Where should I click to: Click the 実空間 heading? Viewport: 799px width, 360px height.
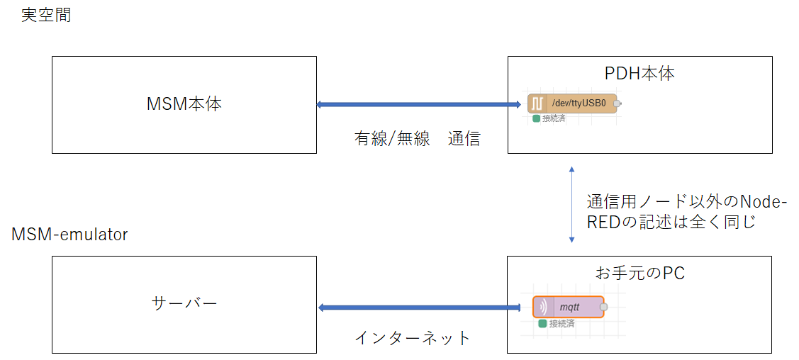[x=46, y=16]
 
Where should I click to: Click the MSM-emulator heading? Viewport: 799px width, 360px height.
[x=70, y=234]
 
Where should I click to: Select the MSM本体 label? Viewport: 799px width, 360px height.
[x=184, y=104]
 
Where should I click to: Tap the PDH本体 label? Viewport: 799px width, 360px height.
[x=639, y=74]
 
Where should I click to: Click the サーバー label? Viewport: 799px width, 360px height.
[x=184, y=303]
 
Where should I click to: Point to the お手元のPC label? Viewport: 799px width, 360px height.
[x=639, y=273]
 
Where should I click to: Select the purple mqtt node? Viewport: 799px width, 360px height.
[x=568, y=307]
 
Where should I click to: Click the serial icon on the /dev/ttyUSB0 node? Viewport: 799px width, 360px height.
[x=536, y=103]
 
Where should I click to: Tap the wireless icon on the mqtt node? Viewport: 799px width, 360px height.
[x=543, y=307]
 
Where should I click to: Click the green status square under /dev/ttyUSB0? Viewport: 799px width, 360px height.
[x=537, y=118]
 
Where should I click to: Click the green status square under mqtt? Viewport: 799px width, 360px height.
[x=542, y=323]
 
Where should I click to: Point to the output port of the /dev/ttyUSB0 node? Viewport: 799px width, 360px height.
[x=618, y=103]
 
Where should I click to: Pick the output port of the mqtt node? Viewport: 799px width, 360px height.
[x=604, y=307]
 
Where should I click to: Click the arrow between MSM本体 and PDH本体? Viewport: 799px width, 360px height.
[x=418, y=105]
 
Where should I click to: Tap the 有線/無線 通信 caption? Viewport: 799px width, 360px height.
[x=417, y=139]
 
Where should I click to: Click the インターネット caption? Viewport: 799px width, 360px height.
[x=413, y=338]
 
